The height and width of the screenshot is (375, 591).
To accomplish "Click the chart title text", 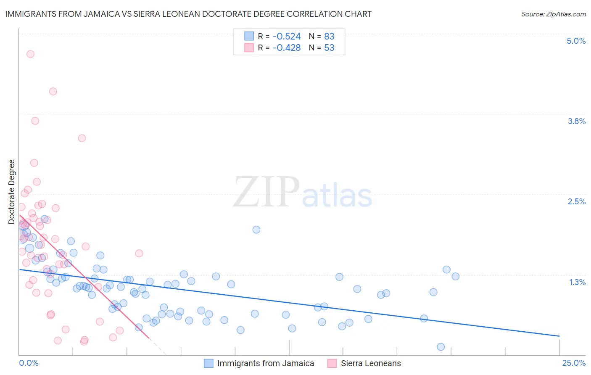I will coord(188,14).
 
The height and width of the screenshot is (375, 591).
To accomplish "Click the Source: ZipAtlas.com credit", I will coord(553,14).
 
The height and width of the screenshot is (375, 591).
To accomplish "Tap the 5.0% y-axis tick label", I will coord(576,41).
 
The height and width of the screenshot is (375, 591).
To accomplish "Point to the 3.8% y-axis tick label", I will coord(576,121).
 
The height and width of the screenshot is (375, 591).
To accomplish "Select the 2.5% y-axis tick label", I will coord(576,201).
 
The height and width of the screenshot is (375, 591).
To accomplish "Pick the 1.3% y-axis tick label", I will coord(577,282).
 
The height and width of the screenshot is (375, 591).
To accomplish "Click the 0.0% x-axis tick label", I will coord(29,363).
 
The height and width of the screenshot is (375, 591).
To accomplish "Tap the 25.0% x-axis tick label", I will coord(574,363).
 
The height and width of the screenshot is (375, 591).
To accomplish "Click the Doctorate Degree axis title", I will coord(11,192).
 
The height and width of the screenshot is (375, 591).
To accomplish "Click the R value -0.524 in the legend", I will coord(286,37).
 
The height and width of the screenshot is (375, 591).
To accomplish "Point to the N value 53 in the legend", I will coord(329,48).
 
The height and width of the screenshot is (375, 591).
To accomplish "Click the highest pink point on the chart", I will coord(30,54).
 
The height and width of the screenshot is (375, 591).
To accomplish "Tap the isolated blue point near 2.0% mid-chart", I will coord(256,230).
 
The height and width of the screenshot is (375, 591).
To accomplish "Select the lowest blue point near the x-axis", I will coord(441,347).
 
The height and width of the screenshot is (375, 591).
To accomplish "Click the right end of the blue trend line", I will coord(559,336).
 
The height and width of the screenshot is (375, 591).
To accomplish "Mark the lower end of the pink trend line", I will coord(150,338).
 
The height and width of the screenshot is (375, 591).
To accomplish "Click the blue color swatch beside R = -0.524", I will coord(249,37).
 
